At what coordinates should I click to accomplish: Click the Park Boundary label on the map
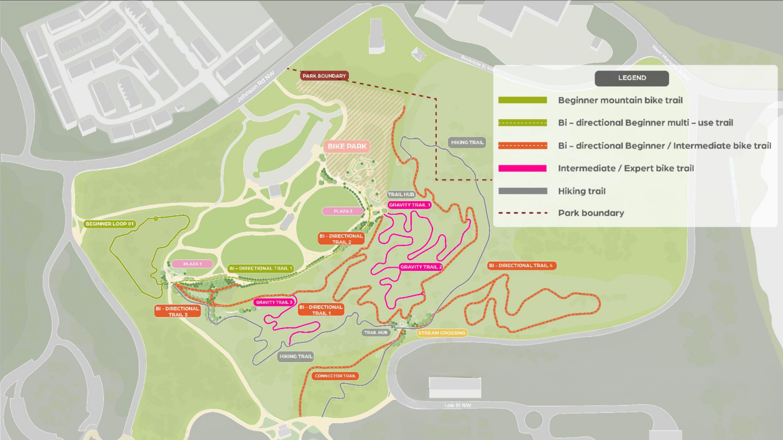(324, 76)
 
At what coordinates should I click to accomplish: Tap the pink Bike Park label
(347, 146)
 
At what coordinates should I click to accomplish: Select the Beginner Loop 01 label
(109, 224)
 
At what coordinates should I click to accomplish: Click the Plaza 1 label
(192, 264)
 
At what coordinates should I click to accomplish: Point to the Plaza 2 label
(343, 211)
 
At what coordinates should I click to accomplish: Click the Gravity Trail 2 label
(421, 267)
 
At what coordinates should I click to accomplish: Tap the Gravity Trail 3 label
(274, 302)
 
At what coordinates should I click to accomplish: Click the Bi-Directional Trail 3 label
(178, 311)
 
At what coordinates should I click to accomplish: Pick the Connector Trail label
(335, 376)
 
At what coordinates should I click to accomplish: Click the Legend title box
(632, 78)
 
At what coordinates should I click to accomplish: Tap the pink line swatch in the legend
(522, 168)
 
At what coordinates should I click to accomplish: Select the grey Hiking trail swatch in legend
(522, 191)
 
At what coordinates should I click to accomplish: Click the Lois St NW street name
(457, 405)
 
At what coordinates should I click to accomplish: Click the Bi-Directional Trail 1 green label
(261, 268)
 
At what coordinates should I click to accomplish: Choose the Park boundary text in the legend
(591, 213)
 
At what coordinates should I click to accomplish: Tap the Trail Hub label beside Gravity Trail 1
(401, 194)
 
